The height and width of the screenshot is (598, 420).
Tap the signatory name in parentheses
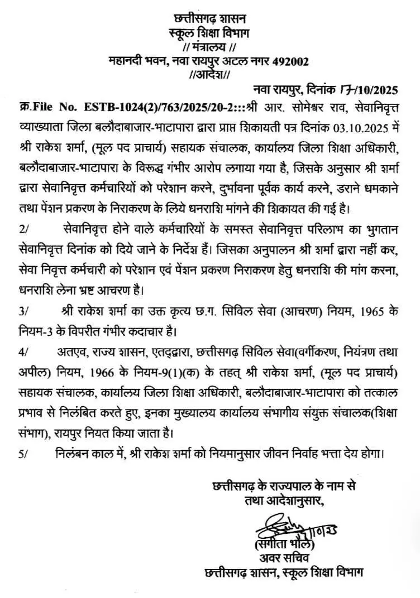point(284,544)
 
